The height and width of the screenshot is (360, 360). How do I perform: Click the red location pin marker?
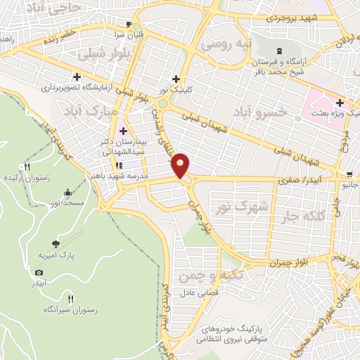(x=181, y=165)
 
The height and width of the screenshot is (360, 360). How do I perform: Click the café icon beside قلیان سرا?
(x=129, y=22)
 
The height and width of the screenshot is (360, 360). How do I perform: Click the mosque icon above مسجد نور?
(x=67, y=192)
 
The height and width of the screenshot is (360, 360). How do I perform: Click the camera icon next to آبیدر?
(x=38, y=272)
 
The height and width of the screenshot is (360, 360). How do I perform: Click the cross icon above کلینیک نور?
(x=175, y=79)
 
